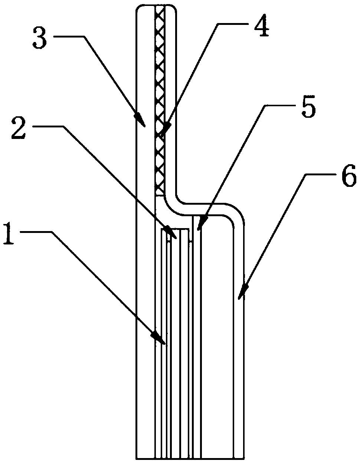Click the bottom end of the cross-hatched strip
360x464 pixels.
160,195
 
